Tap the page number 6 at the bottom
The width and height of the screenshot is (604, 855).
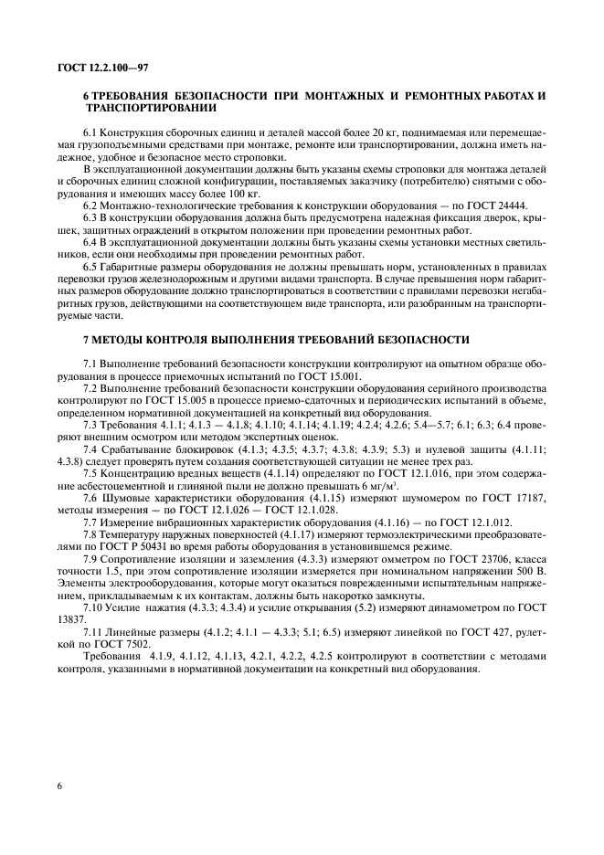58,785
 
